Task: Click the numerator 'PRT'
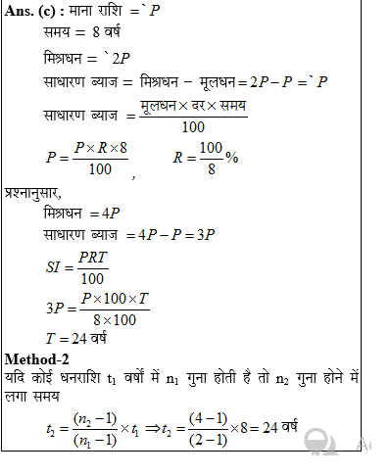point(93,257)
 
